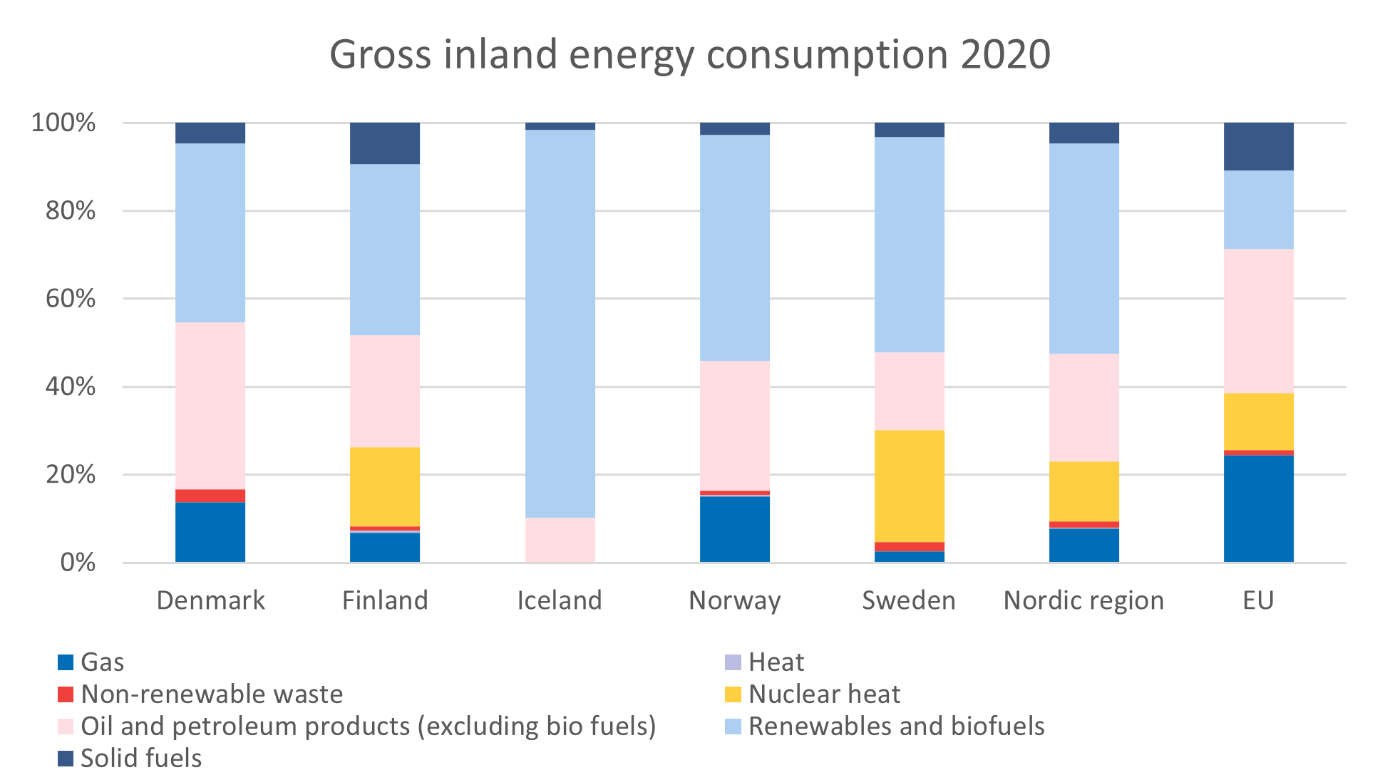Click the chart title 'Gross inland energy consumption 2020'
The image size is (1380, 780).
coord(689,55)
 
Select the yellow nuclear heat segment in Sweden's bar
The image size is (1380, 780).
coord(909,486)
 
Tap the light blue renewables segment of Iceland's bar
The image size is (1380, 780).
coord(560,323)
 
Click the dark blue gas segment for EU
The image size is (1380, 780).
coord(1258,508)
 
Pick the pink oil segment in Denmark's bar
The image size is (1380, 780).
coord(210,406)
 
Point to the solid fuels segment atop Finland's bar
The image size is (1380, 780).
coord(385,143)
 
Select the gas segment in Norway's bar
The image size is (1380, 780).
coord(734,528)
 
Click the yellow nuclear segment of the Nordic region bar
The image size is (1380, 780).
coord(1083,491)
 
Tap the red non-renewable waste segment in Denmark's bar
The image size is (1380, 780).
coord(210,496)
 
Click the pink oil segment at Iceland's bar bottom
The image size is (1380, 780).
coord(560,540)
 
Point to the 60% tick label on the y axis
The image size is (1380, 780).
coord(71,299)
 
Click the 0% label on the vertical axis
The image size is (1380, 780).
coord(78,563)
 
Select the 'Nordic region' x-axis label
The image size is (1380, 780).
coord(1083,601)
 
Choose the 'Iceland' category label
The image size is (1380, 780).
coord(560,601)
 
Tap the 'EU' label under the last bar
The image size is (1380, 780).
coord(1258,601)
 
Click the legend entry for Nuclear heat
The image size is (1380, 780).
coord(823,694)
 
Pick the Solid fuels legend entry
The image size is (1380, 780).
coord(140,759)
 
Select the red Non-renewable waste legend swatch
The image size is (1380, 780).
coord(66,694)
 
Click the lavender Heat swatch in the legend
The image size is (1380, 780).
coord(733,662)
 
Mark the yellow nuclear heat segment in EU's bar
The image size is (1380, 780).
coord(1258,421)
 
